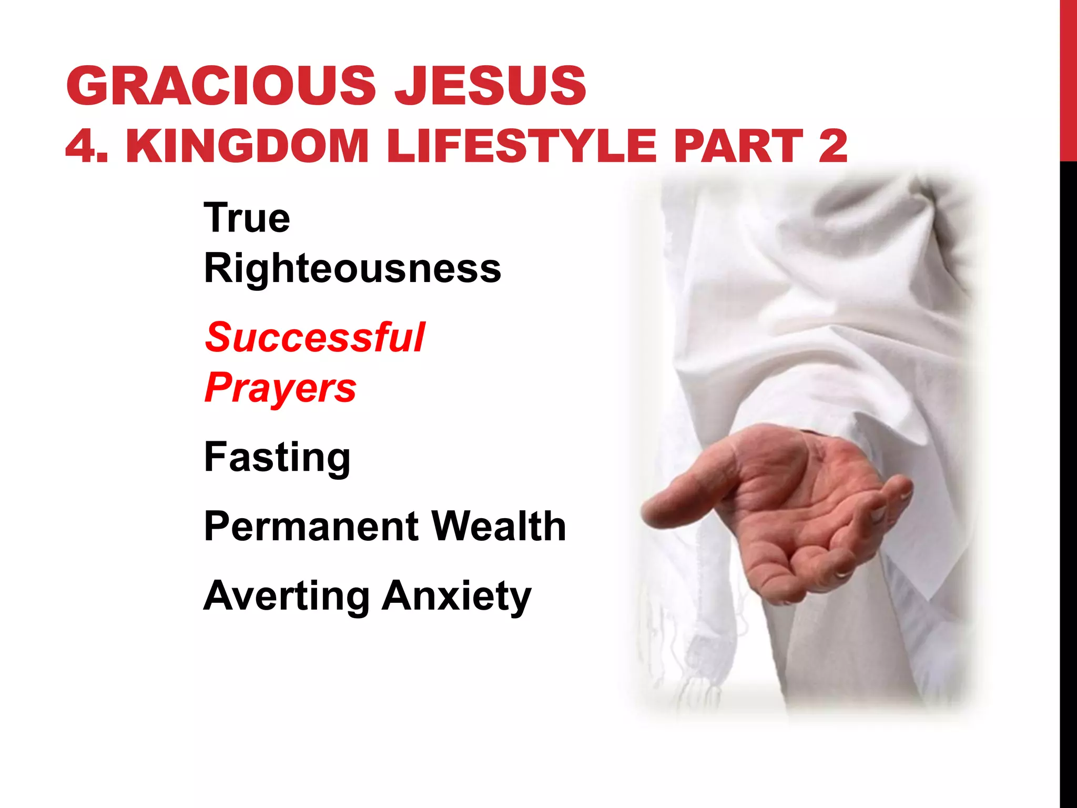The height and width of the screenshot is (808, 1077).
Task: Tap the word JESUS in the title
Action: click(x=490, y=85)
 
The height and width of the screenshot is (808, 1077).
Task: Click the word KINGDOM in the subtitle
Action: click(x=247, y=146)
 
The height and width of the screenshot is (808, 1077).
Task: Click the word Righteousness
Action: click(x=352, y=269)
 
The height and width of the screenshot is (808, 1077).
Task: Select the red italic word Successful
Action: click(x=314, y=337)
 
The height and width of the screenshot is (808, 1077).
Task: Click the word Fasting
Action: click(x=277, y=458)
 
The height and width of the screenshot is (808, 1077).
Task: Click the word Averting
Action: click(x=286, y=596)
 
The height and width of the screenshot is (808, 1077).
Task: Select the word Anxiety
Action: click(x=456, y=596)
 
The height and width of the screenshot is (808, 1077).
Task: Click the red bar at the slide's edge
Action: click(x=1068, y=79)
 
